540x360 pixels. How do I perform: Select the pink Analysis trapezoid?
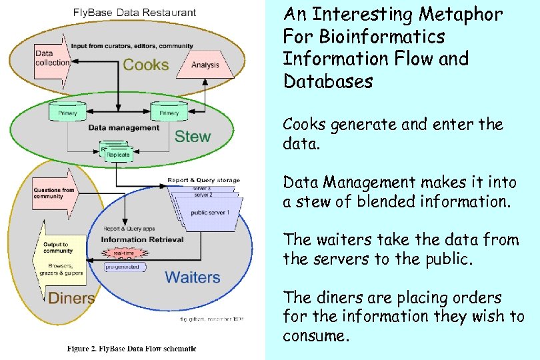(205, 65)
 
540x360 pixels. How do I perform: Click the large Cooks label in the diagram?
(145, 65)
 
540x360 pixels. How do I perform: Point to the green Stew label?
(192, 137)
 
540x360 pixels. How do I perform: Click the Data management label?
(124, 127)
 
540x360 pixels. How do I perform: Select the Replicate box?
(118, 154)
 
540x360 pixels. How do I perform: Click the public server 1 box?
(211, 213)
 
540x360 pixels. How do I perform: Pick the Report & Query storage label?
(204, 180)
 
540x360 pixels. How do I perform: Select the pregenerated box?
(122, 267)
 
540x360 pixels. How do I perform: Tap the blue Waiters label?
(192, 277)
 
